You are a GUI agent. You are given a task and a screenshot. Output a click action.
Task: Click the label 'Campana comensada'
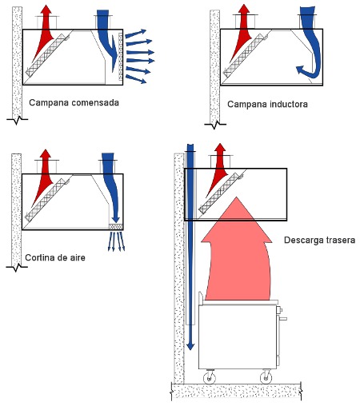(74, 102)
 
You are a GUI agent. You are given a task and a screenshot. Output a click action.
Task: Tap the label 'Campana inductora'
(267, 104)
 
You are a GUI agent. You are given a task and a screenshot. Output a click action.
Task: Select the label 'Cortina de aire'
(55, 257)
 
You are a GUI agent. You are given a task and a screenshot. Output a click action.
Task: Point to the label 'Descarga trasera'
(319, 240)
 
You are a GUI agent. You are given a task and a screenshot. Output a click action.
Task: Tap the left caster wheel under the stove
(210, 377)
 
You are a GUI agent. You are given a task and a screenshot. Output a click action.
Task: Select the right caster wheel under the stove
(266, 377)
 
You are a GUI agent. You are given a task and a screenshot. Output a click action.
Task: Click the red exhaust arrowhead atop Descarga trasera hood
(220, 149)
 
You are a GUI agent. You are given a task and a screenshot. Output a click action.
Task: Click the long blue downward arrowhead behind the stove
(190, 345)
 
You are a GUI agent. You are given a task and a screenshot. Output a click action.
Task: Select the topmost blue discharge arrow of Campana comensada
(136, 34)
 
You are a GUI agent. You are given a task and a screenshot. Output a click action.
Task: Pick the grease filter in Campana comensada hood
(46, 54)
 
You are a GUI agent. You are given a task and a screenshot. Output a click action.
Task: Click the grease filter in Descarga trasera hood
(219, 193)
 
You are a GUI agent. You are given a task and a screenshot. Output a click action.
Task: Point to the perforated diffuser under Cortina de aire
(116, 227)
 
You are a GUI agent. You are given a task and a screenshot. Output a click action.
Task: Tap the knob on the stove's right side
(279, 310)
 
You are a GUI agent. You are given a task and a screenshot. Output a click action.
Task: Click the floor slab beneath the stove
(236, 391)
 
